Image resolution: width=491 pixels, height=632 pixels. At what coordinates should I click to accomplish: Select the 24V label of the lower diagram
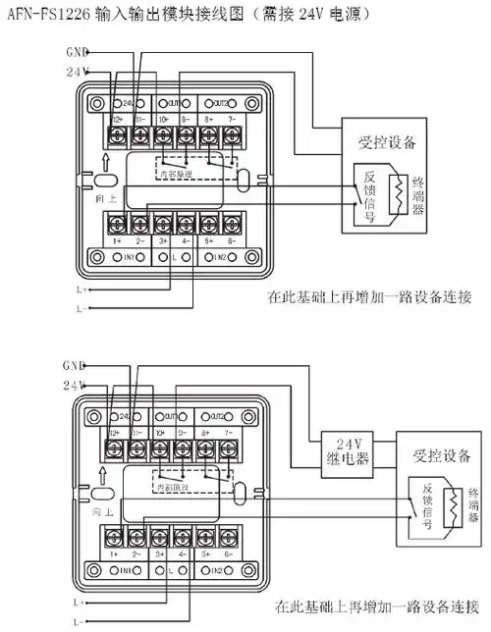click(76, 383)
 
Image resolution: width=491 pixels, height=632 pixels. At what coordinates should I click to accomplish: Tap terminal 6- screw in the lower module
click(232, 537)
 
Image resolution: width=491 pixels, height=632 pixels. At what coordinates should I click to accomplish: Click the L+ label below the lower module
click(79, 601)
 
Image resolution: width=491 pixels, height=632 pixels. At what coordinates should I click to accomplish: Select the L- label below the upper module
click(79, 307)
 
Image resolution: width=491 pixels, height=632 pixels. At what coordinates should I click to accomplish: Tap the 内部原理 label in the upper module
click(176, 174)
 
